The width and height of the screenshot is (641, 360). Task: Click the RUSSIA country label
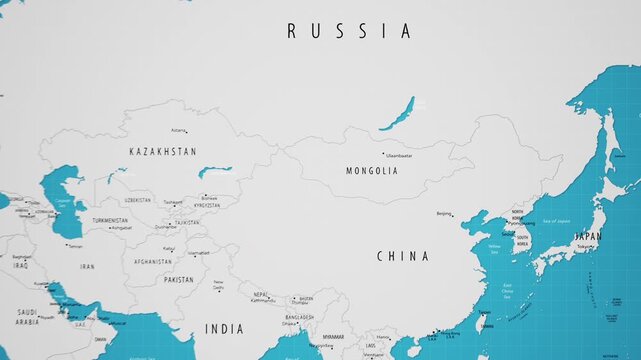coord(349,31)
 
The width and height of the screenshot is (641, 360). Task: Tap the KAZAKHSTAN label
coord(163,151)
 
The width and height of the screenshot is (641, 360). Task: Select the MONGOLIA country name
coord(372,171)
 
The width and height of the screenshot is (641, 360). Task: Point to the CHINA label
coord(403,256)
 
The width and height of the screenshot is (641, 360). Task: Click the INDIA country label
coord(224,329)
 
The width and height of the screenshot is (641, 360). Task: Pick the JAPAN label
coord(588,237)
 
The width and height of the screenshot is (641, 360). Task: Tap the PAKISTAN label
coord(179,280)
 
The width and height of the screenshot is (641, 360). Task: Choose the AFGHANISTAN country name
coord(153,262)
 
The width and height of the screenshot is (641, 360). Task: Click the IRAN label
coord(88,267)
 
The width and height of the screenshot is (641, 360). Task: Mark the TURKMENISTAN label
coord(110,220)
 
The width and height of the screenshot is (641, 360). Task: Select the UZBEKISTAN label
coord(138,200)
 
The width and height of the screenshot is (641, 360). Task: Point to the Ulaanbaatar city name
coord(398,156)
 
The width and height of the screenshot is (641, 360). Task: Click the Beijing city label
coord(444,213)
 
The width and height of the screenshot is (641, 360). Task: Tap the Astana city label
coord(178,130)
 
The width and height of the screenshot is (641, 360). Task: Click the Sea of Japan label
coord(555,220)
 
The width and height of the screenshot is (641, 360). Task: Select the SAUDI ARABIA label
coord(27,317)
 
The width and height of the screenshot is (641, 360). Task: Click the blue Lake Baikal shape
coord(397,112)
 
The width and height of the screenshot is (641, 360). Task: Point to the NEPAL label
coord(261,295)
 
